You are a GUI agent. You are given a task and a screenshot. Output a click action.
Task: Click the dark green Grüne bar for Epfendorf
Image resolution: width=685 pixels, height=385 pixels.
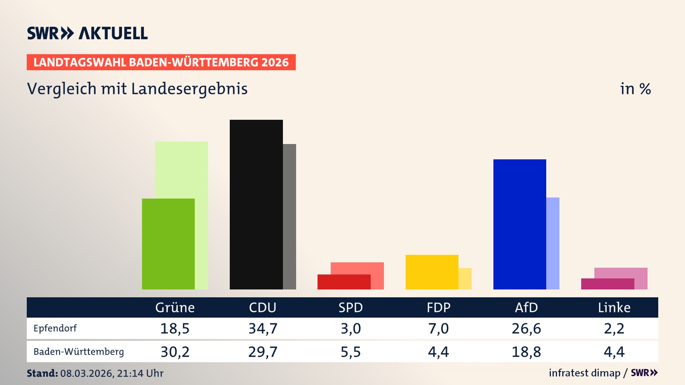tap(168, 244)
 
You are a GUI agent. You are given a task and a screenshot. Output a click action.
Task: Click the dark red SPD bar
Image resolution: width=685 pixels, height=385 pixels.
tap(344, 282)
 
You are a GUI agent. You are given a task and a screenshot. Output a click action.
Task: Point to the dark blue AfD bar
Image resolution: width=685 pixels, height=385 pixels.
tap(519, 224)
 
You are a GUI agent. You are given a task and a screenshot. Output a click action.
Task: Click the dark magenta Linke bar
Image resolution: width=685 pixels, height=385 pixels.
tap(607, 284)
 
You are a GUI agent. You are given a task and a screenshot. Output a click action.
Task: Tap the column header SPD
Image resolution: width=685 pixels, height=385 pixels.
tap(350, 308)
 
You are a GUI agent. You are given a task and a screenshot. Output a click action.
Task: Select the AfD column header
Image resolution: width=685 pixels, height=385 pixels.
tap(526, 308)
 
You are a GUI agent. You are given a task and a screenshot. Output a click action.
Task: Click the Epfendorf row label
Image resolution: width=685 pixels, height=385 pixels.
tap(55, 328)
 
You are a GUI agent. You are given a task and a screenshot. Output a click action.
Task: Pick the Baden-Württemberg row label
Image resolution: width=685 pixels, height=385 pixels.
tap(78, 352)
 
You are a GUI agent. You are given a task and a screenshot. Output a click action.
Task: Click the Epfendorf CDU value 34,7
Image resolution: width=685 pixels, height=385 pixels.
tap(263, 328)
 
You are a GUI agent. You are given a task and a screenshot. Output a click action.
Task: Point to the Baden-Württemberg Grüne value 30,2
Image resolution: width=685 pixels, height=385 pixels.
tap(175, 352)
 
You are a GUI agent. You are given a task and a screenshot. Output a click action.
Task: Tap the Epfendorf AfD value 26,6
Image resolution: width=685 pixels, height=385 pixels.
tap(526, 328)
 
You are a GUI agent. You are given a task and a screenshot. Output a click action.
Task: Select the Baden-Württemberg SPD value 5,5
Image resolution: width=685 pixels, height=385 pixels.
tap(350, 352)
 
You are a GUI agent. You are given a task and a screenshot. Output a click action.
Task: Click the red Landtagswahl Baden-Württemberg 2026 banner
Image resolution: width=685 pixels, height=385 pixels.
tap(161, 62)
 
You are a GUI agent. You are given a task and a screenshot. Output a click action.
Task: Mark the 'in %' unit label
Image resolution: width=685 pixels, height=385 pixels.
tap(635, 89)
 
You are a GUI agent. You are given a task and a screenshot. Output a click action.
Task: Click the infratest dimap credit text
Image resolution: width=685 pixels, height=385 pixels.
tap(584, 373)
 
